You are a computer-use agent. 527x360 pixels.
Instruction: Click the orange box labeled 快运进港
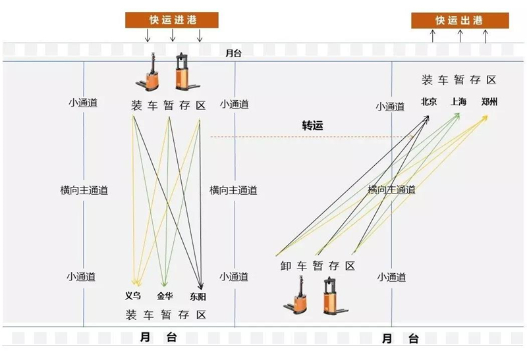tap(173, 20)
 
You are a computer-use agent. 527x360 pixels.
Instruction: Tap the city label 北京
tap(429, 102)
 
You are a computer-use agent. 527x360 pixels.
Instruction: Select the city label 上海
tap(458, 102)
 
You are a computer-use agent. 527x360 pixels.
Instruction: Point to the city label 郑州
tap(489, 102)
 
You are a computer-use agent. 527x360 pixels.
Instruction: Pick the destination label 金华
tap(165, 296)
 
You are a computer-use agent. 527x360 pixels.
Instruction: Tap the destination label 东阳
tap(198, 296)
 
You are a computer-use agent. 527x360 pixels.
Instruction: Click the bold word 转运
tap(313, 126)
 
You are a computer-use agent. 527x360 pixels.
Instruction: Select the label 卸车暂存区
tap(318, 266)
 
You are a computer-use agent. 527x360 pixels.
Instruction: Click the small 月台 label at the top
tap(233, 53)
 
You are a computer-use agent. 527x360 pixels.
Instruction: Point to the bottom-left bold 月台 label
tap(159, 338)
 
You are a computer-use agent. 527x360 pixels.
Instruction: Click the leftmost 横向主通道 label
tap(84, 190)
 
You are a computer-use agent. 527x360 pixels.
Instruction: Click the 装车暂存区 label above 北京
tap(458, 80)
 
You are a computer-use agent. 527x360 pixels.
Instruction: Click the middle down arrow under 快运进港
tap(173, 36)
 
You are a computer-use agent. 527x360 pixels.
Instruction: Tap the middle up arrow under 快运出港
tap(459, 36)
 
